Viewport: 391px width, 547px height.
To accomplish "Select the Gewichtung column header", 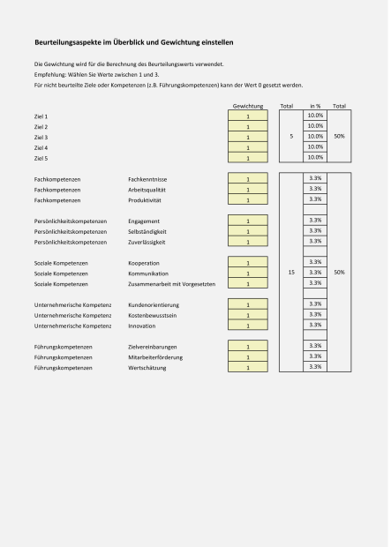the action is (x=248, y=106).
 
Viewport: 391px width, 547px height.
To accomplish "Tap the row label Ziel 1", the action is (x=41, y=116).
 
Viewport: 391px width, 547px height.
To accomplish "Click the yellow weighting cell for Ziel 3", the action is (x=248, y=137).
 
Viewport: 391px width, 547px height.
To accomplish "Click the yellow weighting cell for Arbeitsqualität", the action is (x=248, y=190).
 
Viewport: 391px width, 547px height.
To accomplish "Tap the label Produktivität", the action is (x=145, y=199).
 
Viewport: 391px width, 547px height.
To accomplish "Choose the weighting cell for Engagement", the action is (x=248, y=221).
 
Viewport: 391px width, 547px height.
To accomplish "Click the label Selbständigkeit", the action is (x=147, y=231).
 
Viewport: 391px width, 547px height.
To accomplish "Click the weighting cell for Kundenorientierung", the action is (x=248, y=304).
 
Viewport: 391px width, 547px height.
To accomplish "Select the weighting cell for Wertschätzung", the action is (x=248, y=367).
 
